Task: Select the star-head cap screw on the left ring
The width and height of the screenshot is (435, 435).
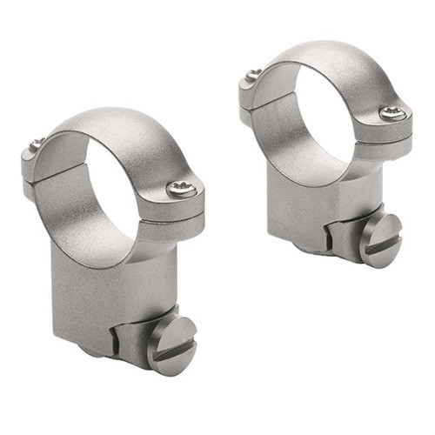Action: click(182, 189)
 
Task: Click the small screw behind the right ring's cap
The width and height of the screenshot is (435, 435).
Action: click(251, 74)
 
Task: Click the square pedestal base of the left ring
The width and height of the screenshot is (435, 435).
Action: click(96, 296)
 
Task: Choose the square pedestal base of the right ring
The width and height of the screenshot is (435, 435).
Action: click(304, 209)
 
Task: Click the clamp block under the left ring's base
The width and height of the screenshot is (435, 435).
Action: click(130, 335)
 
